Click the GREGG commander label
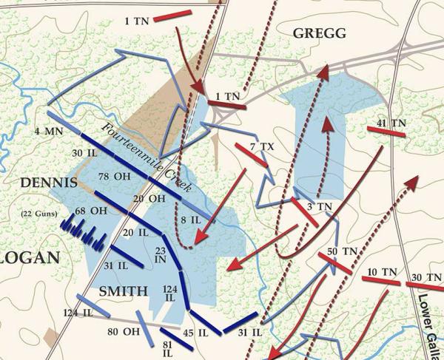coord(319,33)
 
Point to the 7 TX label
coord(262,147)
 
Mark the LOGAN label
coord(29,258)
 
